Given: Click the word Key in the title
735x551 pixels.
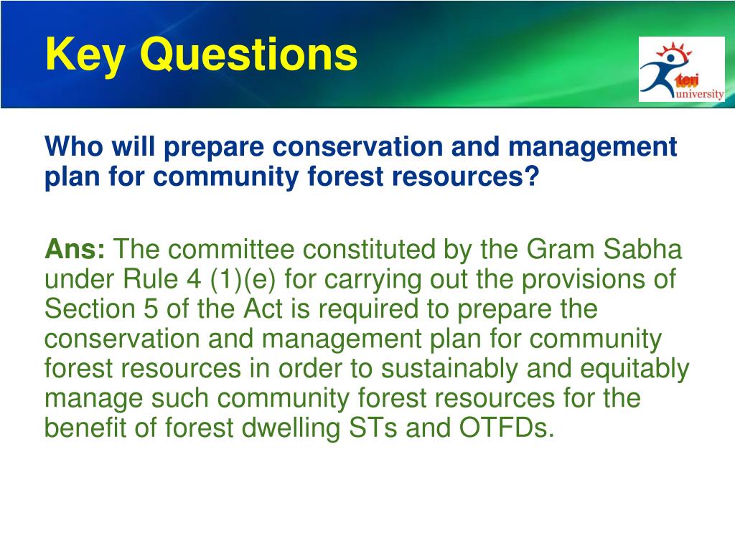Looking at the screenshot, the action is [85, 56].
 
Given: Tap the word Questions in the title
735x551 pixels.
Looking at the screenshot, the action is [249, 55].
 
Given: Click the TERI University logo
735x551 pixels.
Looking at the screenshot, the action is [681, 69].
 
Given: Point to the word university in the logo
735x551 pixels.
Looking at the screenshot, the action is [701, 94].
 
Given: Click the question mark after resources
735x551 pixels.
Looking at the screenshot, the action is [531, 176].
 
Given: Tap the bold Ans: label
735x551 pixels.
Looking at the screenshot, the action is [75, 249].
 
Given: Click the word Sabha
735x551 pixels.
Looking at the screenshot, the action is [642, 249].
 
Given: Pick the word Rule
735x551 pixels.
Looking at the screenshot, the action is [150, 279].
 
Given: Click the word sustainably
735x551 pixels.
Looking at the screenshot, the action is [449, 369].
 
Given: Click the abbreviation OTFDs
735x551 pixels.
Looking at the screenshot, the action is [507, 428].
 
